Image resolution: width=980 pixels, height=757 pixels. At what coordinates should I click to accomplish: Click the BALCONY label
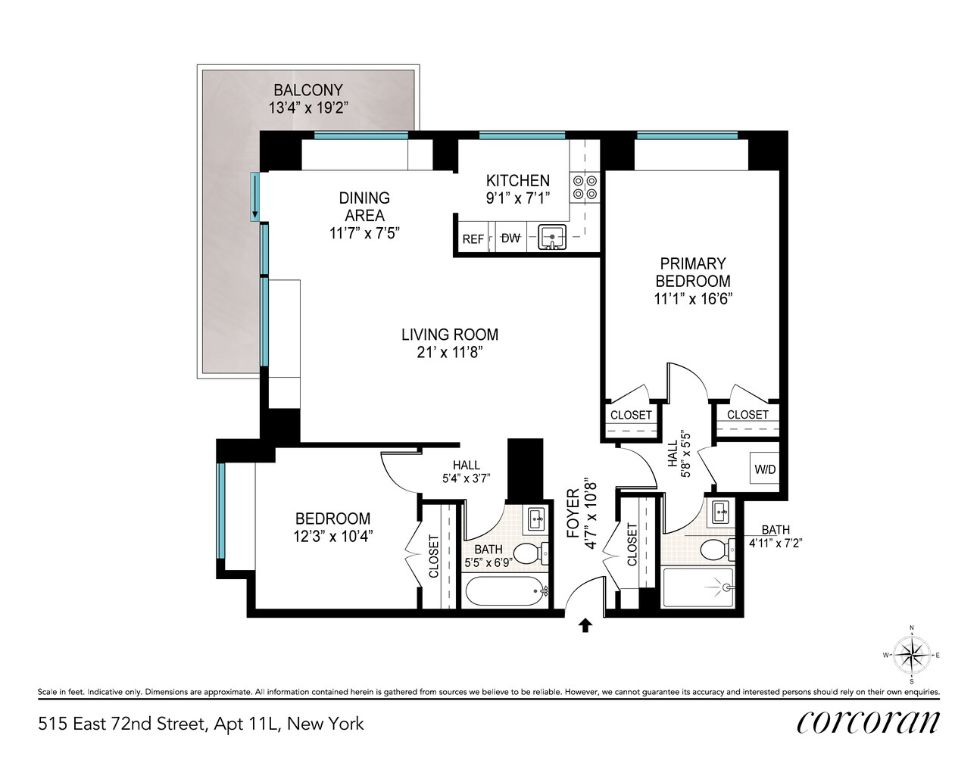tap(307, 90)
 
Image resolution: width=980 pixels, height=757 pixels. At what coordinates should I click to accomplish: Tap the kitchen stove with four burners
tap(585, 187)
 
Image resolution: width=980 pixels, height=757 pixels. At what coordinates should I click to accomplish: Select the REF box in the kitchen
tap(473, 238)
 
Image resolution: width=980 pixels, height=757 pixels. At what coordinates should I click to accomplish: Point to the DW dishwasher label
tap(510, 238)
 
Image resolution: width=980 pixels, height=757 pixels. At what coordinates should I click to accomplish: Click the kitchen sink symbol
tap(553, 238)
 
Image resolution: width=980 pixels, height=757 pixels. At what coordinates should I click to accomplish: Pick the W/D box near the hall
tap(765, 469)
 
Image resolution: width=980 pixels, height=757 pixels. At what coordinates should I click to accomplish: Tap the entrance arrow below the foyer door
tap(585, 625)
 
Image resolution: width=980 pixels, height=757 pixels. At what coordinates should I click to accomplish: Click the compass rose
tap(911, 655)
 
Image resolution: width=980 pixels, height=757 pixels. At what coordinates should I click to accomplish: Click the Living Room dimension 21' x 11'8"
tap(450, 352)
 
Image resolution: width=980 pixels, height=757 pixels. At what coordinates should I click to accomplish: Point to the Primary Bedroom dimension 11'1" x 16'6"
tap(693, 298)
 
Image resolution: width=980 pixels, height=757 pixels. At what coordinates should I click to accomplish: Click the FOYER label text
tap(573, 513)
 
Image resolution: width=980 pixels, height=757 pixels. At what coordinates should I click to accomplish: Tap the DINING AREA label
tap(364, 206)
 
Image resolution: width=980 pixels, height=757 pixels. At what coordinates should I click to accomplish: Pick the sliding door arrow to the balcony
tap(255, 196)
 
